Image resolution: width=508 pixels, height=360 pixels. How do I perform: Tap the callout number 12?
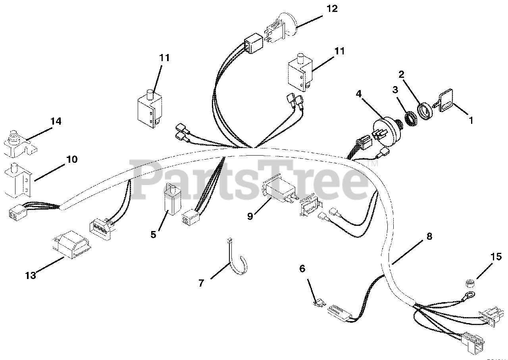coord(332,9)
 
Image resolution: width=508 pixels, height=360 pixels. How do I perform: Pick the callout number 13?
coord(31,276)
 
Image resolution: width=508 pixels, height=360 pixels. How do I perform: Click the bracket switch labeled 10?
coord(18,180)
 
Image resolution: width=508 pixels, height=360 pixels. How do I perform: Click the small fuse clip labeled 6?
coord(319,303)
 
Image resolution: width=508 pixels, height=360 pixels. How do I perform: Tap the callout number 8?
coord(429,237)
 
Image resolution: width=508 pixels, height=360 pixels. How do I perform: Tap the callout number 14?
coord(56,121)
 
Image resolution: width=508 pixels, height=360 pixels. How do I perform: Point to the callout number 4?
coord(358,94)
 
